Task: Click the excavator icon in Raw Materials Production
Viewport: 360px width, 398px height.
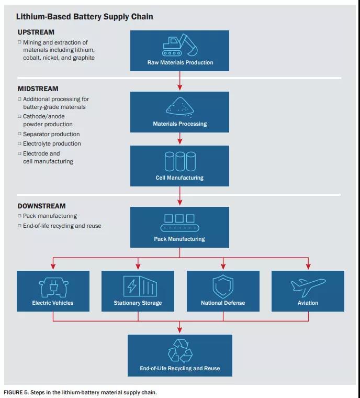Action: coord(179,46)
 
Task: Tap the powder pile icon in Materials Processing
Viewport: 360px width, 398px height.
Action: coord(179,106)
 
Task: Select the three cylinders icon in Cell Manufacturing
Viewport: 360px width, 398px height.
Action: coord(179,161)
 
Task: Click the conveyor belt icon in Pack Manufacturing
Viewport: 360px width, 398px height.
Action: coord(179,223)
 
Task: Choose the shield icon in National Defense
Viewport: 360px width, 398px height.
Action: coord(223,286)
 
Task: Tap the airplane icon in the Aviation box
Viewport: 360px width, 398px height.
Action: coord(308,286)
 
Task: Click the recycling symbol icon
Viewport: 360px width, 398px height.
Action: coord(179,350)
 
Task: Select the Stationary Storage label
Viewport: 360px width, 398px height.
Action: coord(138,303)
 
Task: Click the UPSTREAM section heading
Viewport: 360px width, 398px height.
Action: coord(36,32)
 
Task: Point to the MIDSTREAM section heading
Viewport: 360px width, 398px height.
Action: coord(38,89)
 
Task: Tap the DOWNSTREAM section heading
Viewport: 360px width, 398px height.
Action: coord(42,206)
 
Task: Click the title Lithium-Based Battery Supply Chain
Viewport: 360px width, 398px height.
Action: coord(85,17)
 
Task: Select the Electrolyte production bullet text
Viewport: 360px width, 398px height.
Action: coord(52,143)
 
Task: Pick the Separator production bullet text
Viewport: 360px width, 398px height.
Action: coord(51,134)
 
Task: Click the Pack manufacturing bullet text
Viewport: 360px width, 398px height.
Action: coord(50,216)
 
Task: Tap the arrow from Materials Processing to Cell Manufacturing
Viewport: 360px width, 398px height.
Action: coord(179,139)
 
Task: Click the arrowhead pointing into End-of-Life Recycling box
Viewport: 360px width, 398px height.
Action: coord(179,330)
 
